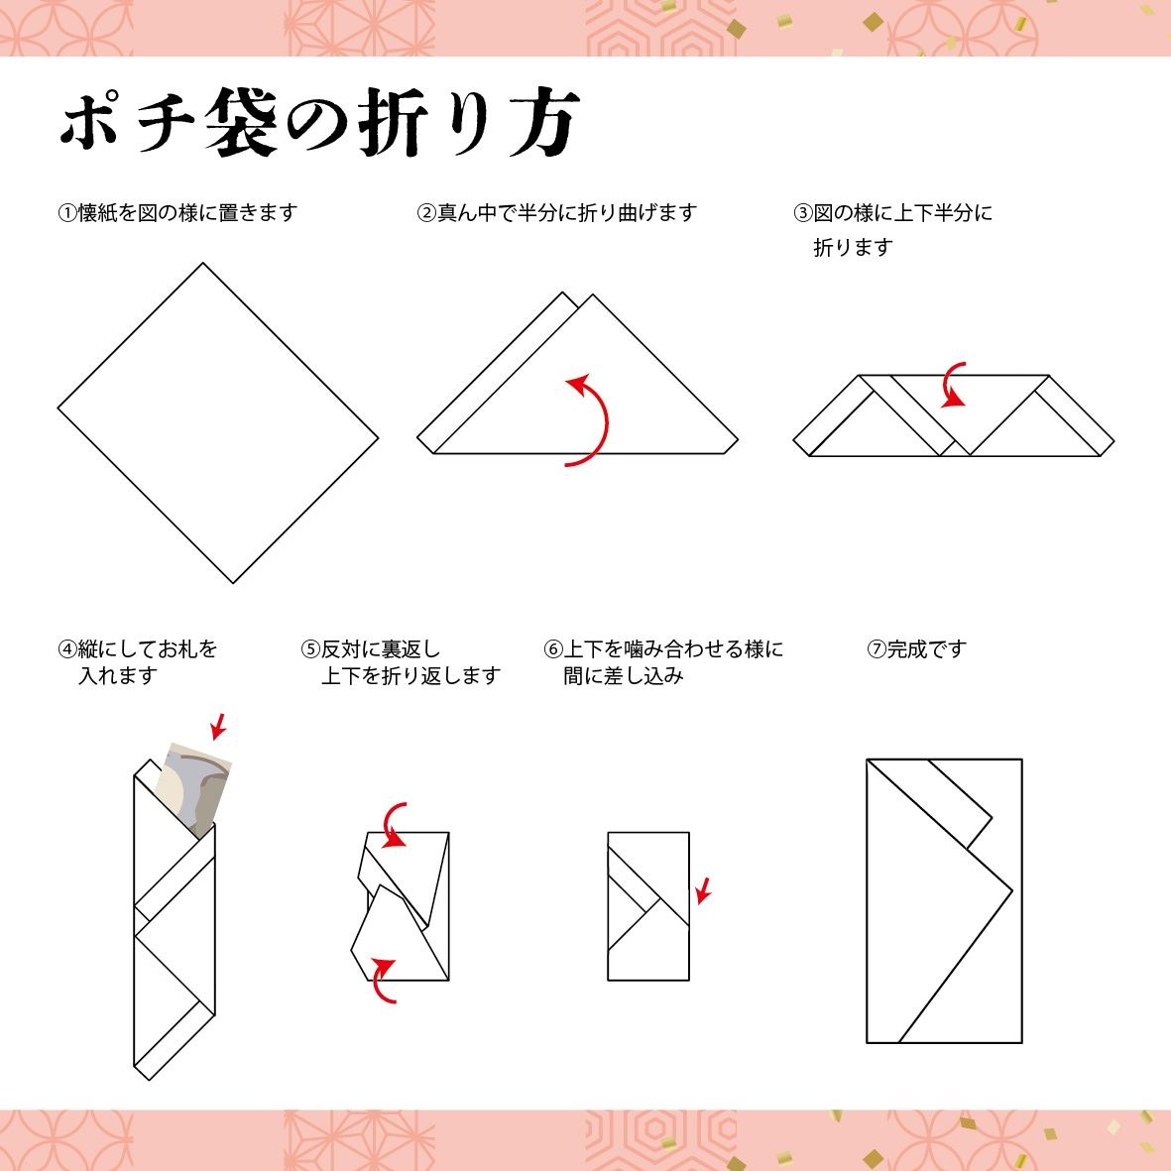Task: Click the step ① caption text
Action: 177,213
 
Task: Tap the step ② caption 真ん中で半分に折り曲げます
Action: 556,213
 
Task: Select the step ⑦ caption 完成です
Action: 916,649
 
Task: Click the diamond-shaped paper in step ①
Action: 218,422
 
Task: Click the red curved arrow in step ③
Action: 953,385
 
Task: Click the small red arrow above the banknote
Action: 219,726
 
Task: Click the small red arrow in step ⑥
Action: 703,889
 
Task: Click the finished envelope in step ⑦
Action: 943,900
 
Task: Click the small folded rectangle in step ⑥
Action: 647,906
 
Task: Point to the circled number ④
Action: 67,649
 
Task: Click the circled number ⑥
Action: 553,649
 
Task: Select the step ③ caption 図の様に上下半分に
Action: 892,213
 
